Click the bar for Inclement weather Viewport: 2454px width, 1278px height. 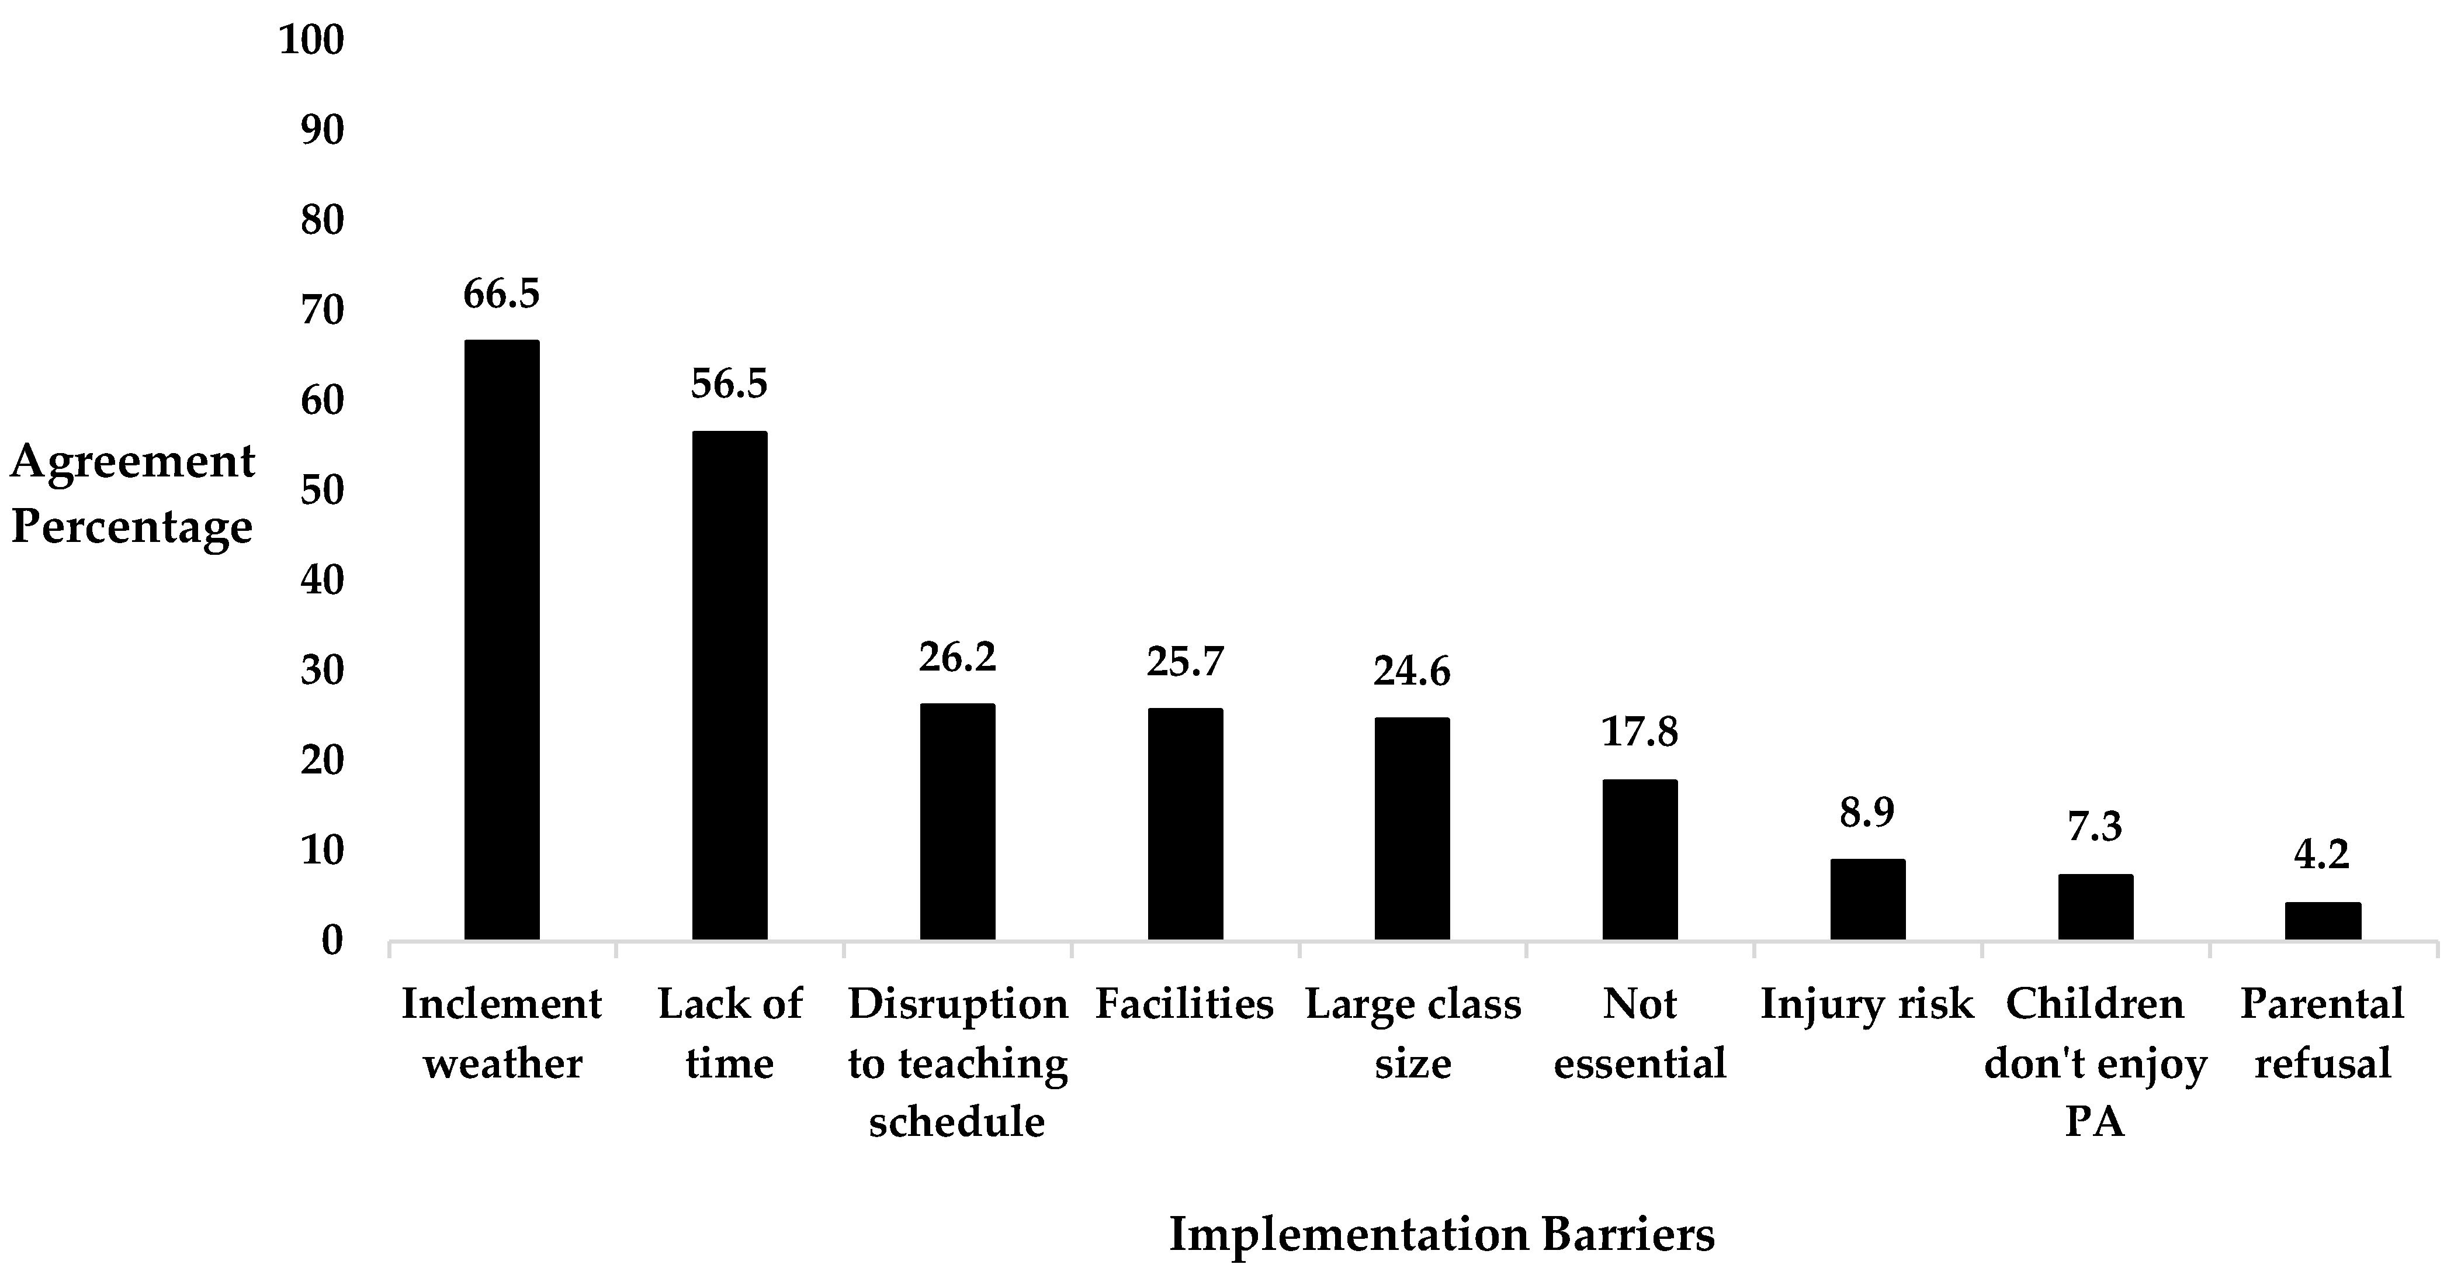tap(501, 640)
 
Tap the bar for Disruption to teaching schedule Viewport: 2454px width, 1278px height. tap(958, 821)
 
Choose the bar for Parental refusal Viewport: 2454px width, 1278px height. tap(2323, 921)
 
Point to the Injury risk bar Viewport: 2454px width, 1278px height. tap(1867, 900)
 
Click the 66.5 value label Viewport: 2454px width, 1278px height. tap(501, 293)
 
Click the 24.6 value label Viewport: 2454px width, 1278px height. tap(1412, 671)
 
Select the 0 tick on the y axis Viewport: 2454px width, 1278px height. tap(331, 941)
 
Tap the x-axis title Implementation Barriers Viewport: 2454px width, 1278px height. tap(1441, 1234)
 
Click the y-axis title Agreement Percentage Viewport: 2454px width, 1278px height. tap(133, 493)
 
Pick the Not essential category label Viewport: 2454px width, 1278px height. tap(1640, 1033)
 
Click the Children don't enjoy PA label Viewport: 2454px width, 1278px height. tap(2095, 1063)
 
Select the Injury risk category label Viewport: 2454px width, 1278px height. tap(1867, 1004)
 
